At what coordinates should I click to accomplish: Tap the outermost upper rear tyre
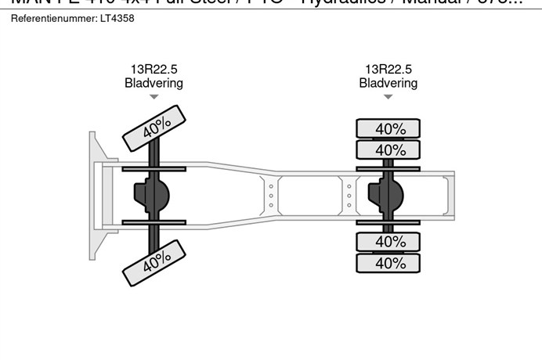(x=388, y=128)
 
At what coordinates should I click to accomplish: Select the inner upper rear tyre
(x=388, y=149)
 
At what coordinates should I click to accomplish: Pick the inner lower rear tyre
(x=388, y=242)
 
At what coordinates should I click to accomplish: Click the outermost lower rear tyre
(x=388, y=263)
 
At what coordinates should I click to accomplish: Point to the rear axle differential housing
(x=389, y=195)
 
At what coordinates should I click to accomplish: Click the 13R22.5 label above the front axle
(x=154, y=70)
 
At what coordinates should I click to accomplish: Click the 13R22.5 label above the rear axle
(x=388, y=70)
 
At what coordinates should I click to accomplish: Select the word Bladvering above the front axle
(x=154, y=83)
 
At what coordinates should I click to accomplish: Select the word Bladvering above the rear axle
(x=388, y=83)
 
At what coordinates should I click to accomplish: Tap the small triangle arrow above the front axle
(x=154, y=97)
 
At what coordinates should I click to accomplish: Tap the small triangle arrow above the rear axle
(x=388, y=97)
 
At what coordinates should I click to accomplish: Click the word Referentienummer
(x=53, y=18)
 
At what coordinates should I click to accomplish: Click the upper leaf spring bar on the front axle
(x=154, y=168)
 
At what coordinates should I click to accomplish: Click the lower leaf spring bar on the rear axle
(x=388, y=222)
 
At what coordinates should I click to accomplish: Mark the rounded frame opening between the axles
(x=305, y=195)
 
